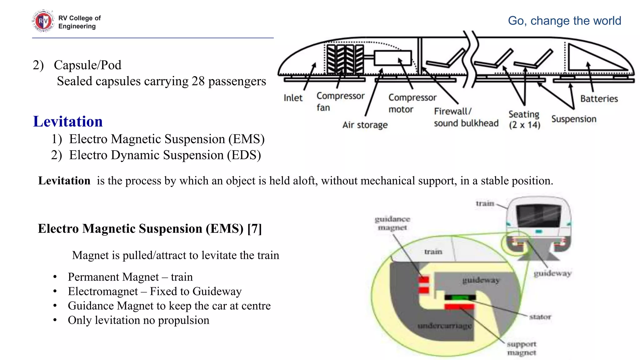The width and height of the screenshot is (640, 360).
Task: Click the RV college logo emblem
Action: (43, 21)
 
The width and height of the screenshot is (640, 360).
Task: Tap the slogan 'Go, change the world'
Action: (564, 21)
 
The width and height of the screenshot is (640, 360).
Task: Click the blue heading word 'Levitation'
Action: (68, 121)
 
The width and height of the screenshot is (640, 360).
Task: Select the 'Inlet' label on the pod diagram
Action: (293, 98)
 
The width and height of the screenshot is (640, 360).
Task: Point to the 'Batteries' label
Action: (599, 99)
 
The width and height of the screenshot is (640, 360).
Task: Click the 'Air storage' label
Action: (365, 125)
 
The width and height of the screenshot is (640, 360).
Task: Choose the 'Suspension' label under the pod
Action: (573, 119)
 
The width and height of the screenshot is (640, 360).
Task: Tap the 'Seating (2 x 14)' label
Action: (524, 119)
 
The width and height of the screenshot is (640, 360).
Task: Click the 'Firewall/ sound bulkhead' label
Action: (466, 117)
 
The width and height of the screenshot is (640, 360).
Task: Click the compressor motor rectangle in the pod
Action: (392, 58)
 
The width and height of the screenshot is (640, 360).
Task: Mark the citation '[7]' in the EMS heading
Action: (254, 229)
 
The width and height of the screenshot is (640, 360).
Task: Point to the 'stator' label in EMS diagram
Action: (540, 317)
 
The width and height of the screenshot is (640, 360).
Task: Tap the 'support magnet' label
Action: (521, 348)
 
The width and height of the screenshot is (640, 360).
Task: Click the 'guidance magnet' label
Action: (392, 223)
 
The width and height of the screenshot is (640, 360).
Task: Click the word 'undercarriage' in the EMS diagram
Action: (444, 326)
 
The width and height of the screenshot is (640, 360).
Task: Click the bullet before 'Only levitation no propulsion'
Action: (55, 320)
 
